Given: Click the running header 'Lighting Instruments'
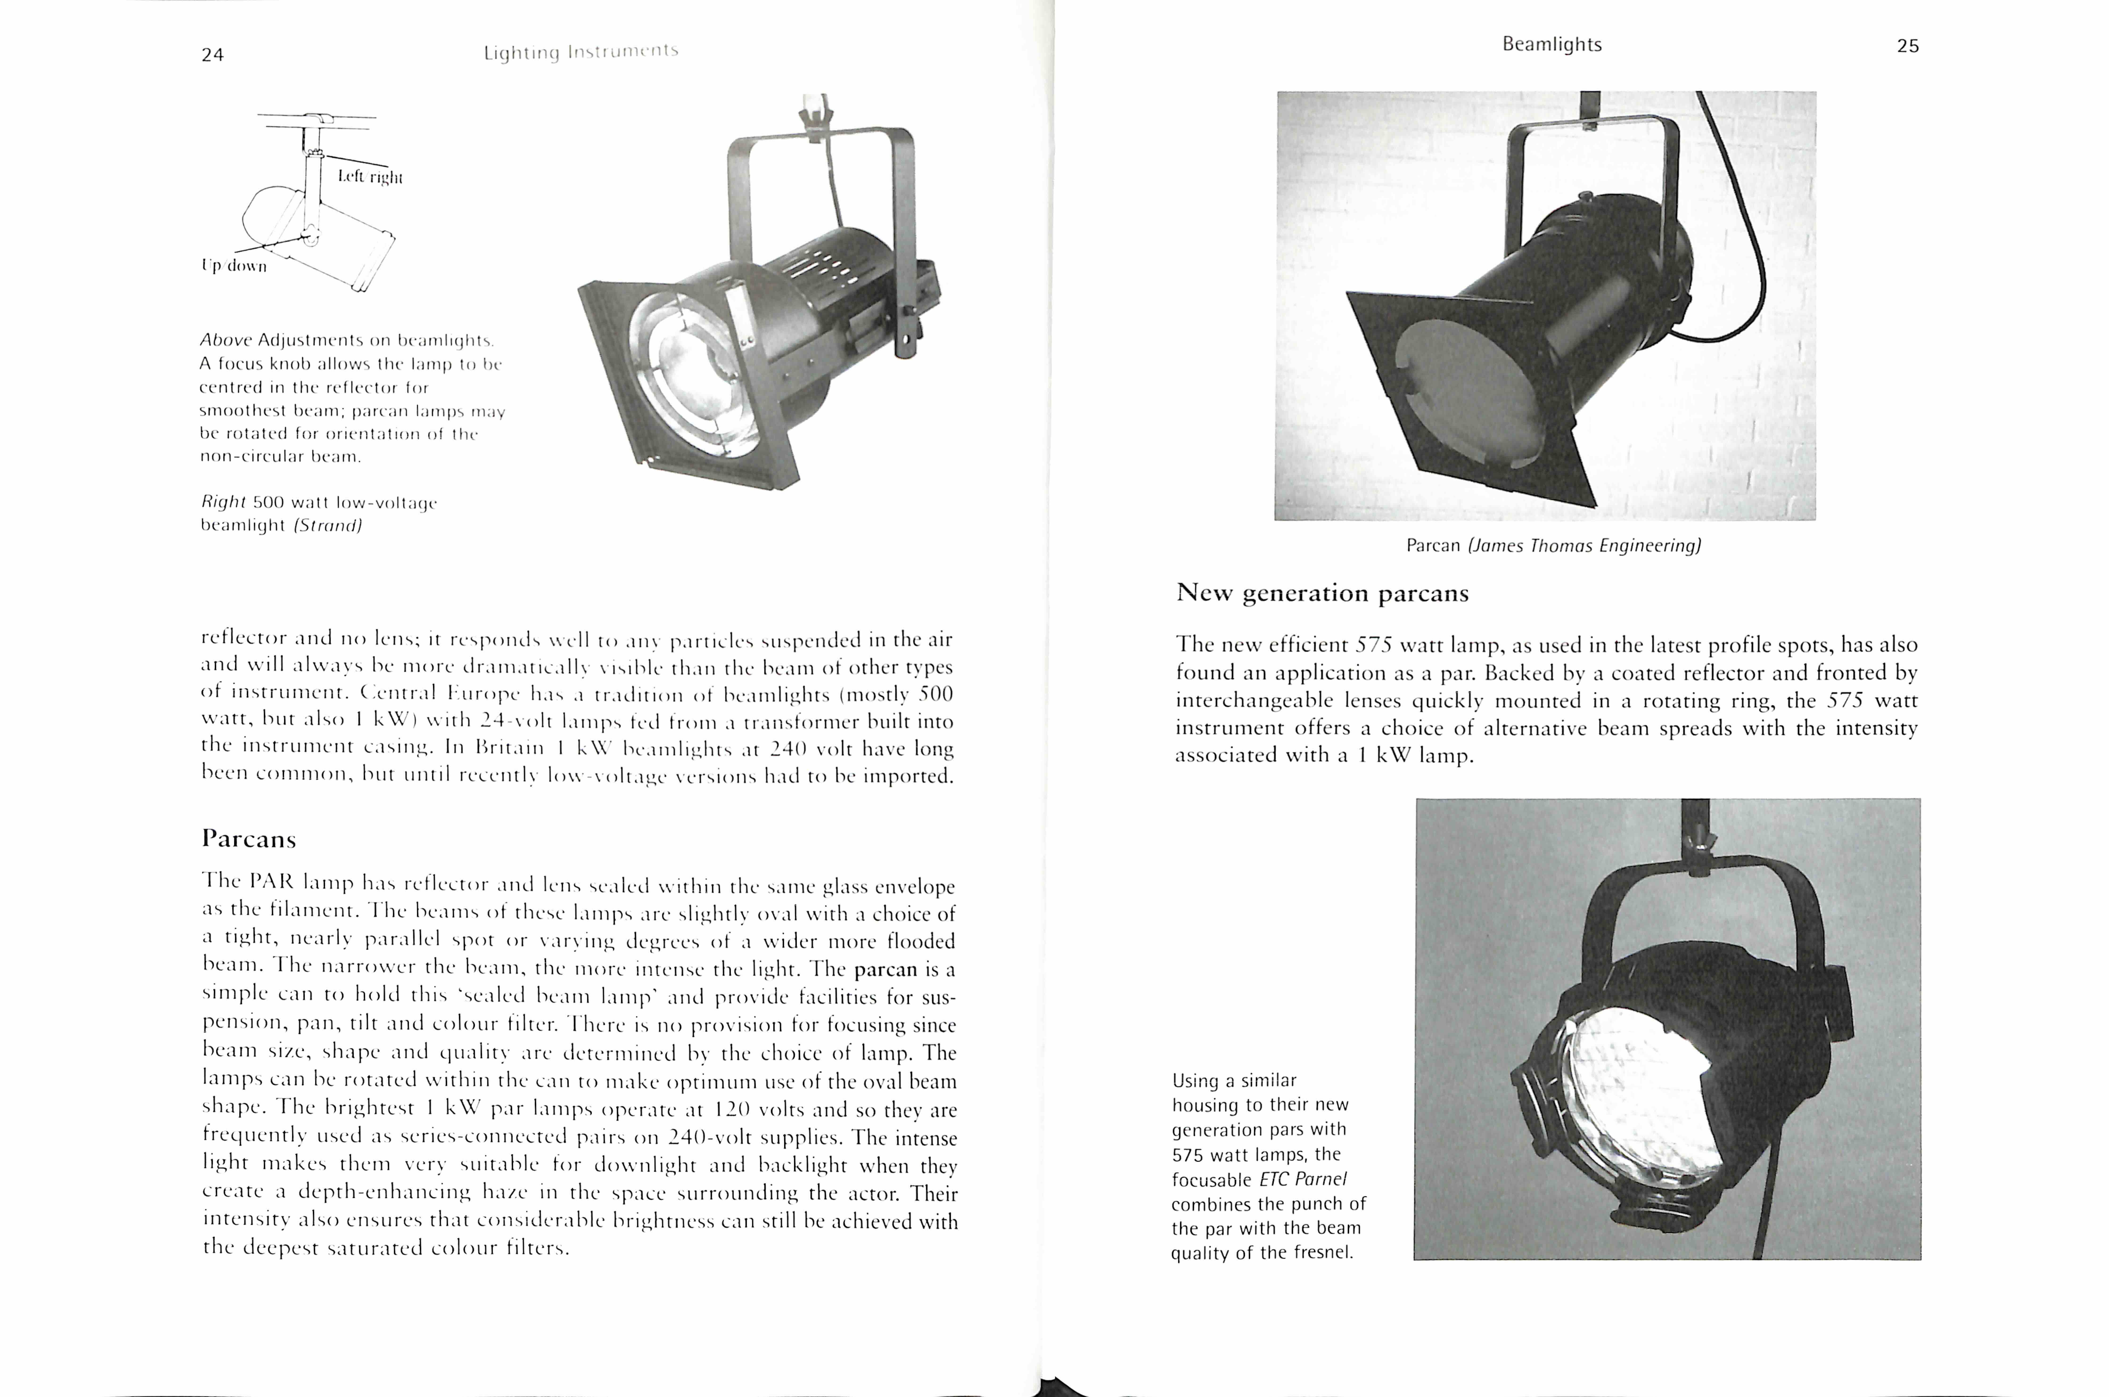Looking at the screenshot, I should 581,52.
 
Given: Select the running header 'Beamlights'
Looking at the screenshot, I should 1551,45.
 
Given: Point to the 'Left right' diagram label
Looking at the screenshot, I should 370,176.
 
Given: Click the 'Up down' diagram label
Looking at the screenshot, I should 234,266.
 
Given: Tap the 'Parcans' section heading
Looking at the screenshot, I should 249,838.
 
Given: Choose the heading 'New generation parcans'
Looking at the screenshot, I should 1322,593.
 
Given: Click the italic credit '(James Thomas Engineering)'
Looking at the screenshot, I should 1584,545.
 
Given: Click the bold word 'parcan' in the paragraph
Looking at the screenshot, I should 885,968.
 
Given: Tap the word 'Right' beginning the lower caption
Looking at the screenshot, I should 223,502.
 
